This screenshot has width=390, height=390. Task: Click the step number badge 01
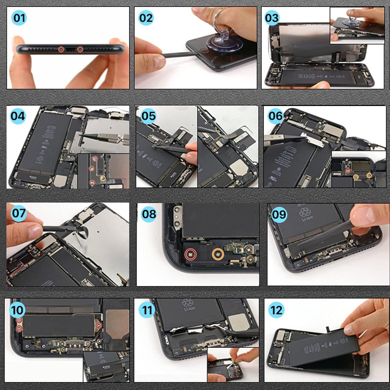pos(19,18)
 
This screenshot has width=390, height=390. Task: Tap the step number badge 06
pos(275,116)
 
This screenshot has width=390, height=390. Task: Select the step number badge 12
pos(276,310)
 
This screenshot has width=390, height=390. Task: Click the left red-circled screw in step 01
pos(61,49)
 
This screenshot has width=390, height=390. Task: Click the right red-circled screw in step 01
pos(80,49)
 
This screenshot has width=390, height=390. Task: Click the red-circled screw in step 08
pos(191,254)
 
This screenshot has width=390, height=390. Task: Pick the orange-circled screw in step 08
pos(218,254)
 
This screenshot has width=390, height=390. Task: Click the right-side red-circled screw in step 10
pos(99,325)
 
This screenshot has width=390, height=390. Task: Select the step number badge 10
pos(18,310)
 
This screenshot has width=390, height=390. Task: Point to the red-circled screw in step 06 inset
pos(348,170)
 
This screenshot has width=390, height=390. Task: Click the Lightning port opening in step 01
pos(71,50)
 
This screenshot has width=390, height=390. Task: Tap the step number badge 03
pos(272,18)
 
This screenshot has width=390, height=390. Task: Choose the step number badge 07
pos(18,213)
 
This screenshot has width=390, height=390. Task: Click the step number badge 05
pos(148,116)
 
